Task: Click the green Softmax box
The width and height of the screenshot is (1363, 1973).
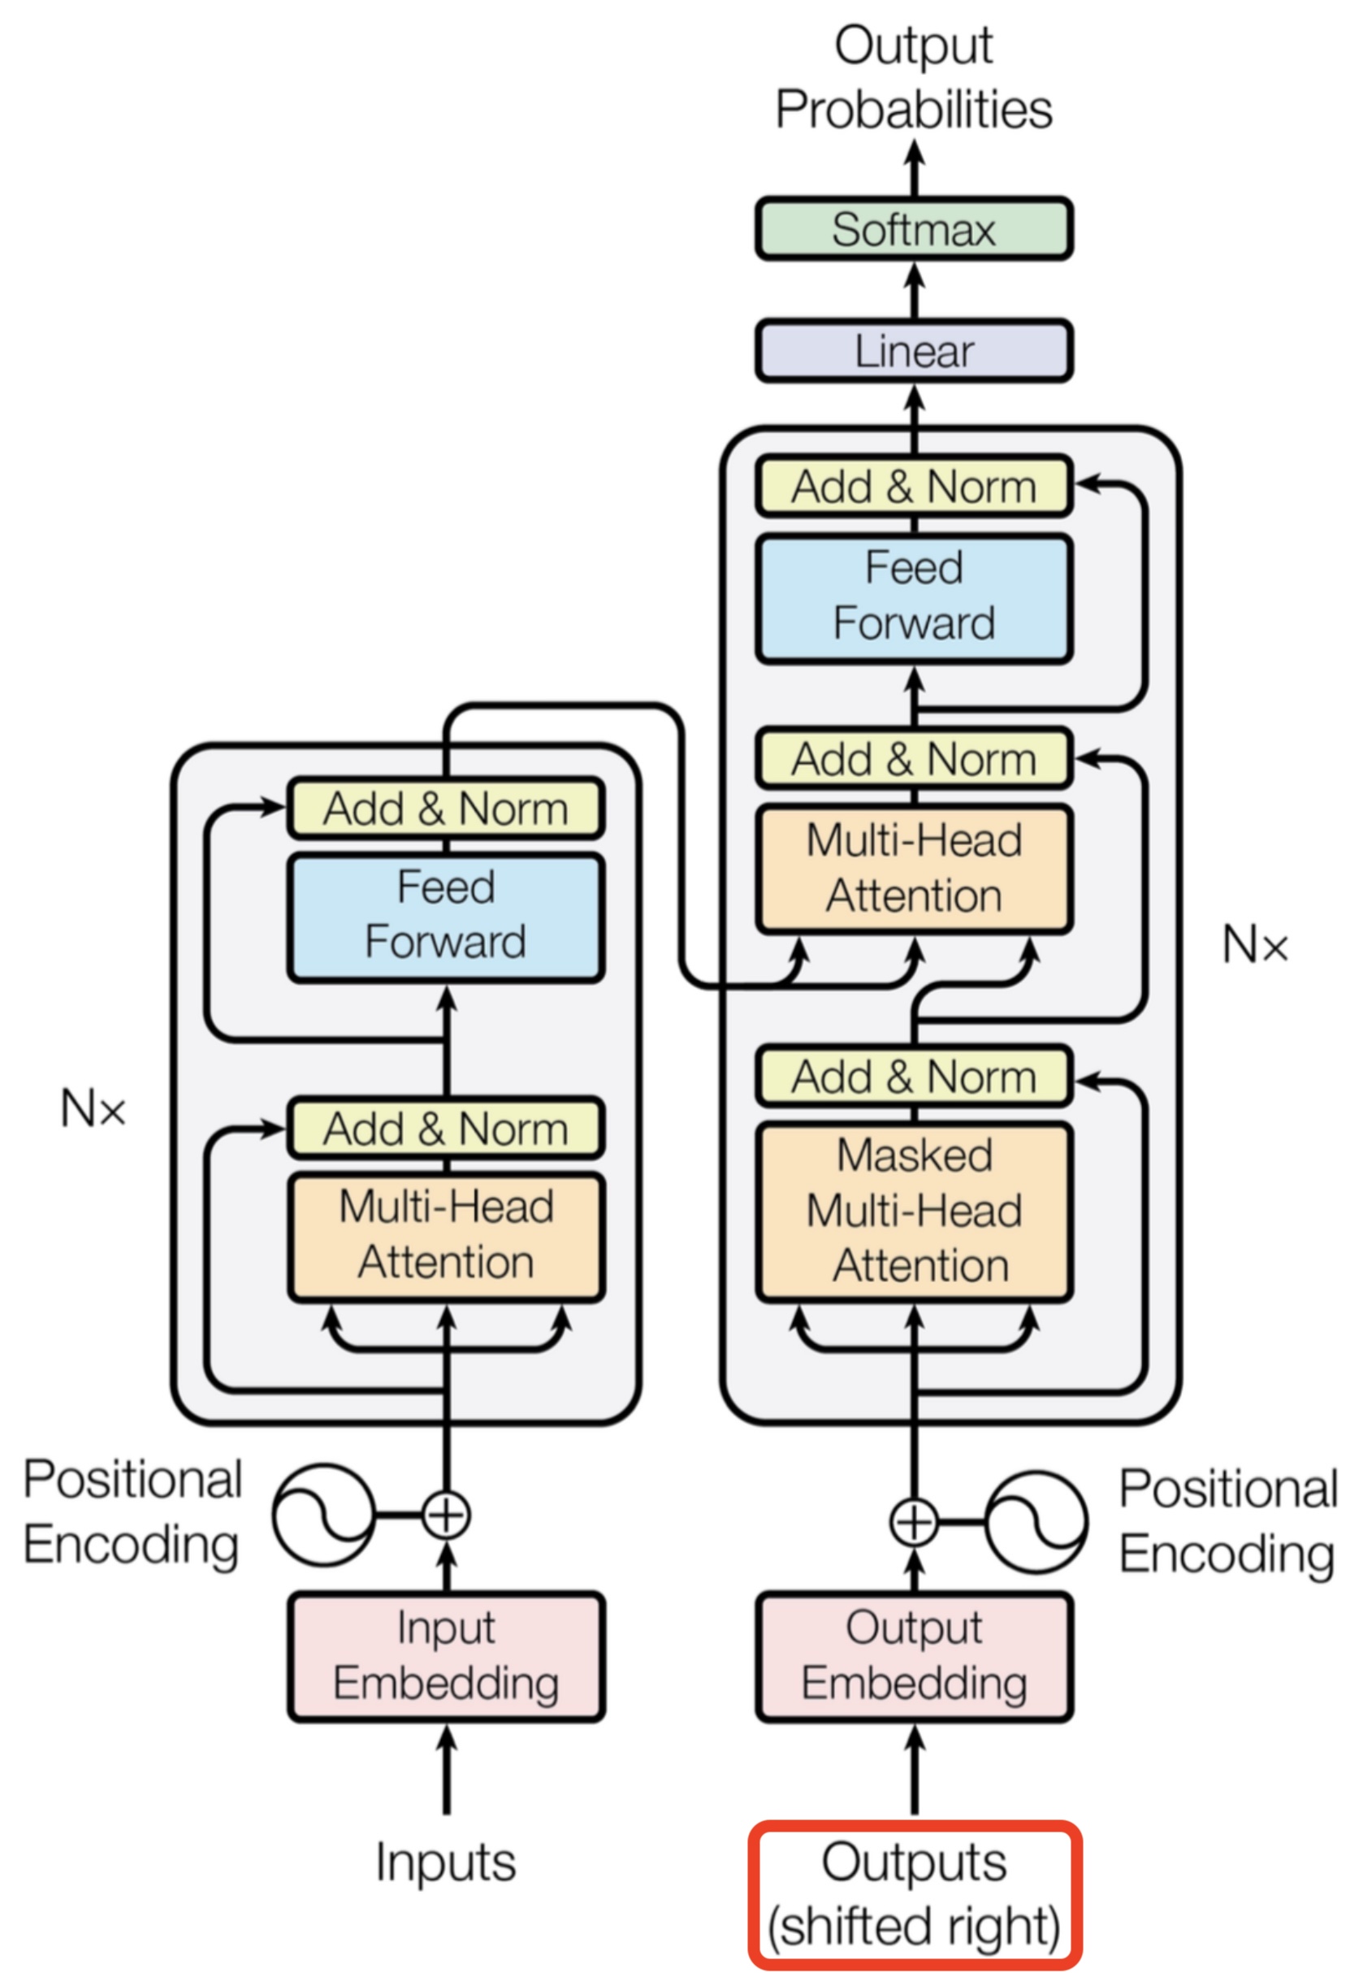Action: (913, 229)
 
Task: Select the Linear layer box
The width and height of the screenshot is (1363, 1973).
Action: (913, 351)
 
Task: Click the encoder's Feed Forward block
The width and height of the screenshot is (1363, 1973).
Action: (446, 916)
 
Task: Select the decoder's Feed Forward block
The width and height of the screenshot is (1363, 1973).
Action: (913, 597)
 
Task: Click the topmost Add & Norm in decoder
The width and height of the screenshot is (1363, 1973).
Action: (913, 486)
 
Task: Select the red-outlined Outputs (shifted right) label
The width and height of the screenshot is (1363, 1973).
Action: (914, 1894)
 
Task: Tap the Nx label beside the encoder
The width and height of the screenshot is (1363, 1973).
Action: (93, 1108)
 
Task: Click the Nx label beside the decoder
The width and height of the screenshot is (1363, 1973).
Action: (1253, 944)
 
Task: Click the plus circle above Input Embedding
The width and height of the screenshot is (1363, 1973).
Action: (446, 1516)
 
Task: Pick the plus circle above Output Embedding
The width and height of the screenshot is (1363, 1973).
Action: (914, 1522)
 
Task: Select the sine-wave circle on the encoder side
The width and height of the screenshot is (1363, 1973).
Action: (323, 1516)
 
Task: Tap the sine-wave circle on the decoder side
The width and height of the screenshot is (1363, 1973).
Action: (1036, 1522)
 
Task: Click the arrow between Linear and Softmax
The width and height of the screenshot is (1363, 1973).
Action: (914, 290)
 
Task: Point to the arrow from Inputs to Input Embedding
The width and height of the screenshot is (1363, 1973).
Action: (446, 1768)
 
